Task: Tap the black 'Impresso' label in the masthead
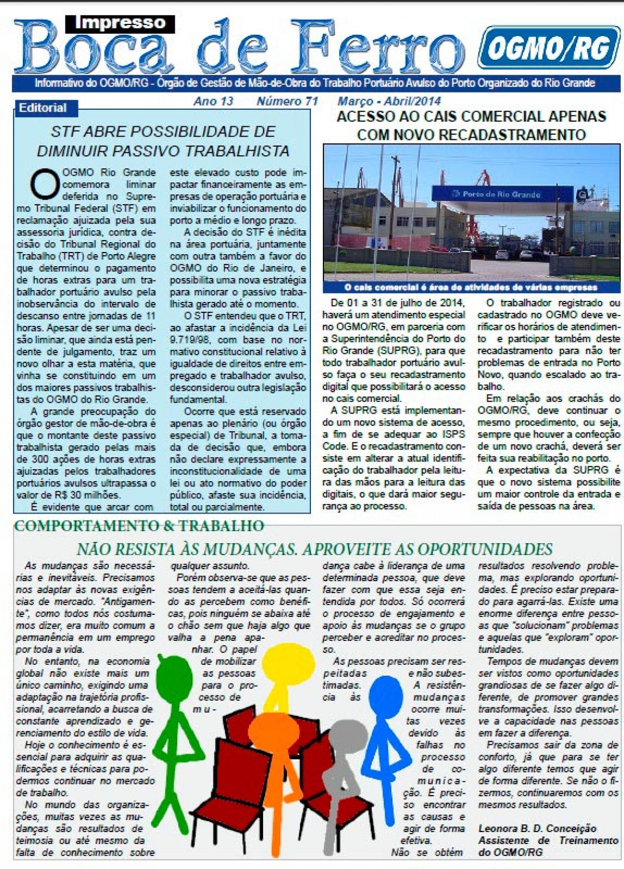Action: coord(120,23)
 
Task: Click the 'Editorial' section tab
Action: coord(43,108)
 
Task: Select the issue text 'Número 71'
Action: coord(287,101)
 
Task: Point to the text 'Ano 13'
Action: coord(213,101)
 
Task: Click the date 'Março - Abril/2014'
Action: coord(389,101)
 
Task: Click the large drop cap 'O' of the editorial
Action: coord(45,183)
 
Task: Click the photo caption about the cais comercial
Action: coord(471,287)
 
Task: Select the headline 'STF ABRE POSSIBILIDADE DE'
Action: coord(163,131)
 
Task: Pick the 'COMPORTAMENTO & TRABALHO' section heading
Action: coord(139,525)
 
